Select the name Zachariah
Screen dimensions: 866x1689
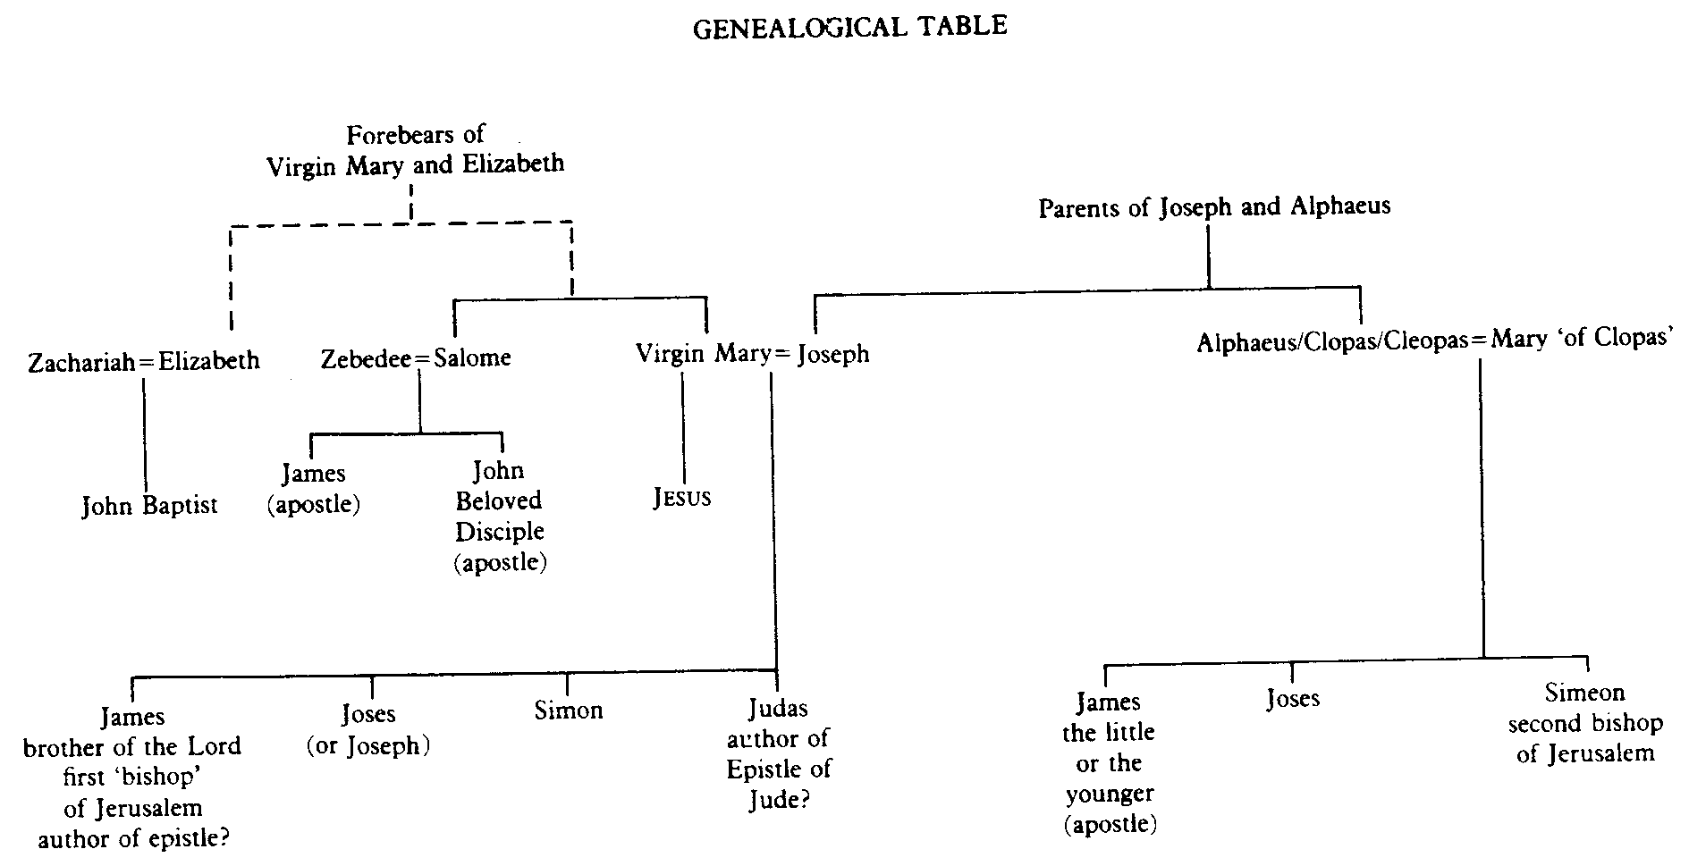pos(83,362)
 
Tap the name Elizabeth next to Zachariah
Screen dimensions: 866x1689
pos(209,361)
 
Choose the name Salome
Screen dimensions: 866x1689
pos(473,358)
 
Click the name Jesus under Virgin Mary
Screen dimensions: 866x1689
pos(682,498)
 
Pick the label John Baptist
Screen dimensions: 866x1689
pos(149,506)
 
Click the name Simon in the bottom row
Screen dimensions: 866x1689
pos(569,710)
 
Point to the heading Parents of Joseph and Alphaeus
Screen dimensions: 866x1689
pos(1214,207)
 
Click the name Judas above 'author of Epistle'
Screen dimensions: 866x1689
pos(778,709)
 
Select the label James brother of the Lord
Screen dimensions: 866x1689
pos(132,731)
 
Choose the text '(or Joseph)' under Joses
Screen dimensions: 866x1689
pos(368,745)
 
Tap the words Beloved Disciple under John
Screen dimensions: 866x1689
pos(499,516)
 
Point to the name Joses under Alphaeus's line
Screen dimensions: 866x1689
pos(1293,698)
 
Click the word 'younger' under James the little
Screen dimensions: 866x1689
pos(1110,794)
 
